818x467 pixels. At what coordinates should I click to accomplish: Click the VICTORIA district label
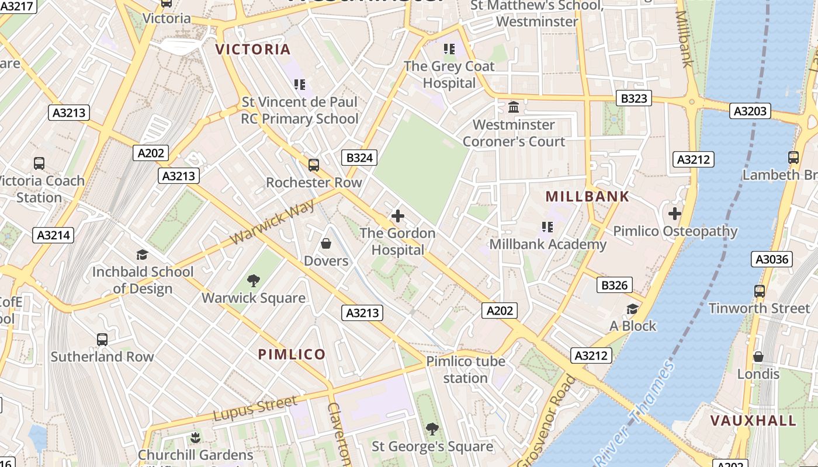coord(253,50)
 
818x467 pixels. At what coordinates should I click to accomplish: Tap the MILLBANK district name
coord(587,197)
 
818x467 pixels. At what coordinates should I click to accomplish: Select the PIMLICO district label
coord(292,354)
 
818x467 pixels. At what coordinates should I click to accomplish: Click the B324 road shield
coord(359,157)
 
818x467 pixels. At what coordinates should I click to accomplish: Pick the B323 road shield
coord(633,98)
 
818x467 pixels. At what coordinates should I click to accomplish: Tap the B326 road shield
coord(614,285)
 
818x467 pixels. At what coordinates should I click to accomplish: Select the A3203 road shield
coord(750,110)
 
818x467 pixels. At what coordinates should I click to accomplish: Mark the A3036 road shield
coord(771,259)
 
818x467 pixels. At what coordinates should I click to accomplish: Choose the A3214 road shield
coord(53,235)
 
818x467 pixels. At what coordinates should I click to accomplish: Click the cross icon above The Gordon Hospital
coord(397,216)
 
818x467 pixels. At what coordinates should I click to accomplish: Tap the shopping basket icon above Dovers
coord(326,243)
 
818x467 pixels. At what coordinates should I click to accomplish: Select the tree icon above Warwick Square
coord(253,281)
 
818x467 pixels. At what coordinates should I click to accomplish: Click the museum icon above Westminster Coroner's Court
coord(514,107)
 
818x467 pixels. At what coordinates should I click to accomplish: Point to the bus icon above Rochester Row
coord(314,165)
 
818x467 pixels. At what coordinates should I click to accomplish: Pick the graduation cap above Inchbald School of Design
coord(142,255)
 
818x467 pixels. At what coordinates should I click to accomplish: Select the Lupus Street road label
coord(255,408)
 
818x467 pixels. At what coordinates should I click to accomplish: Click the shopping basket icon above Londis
coord(758,356)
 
